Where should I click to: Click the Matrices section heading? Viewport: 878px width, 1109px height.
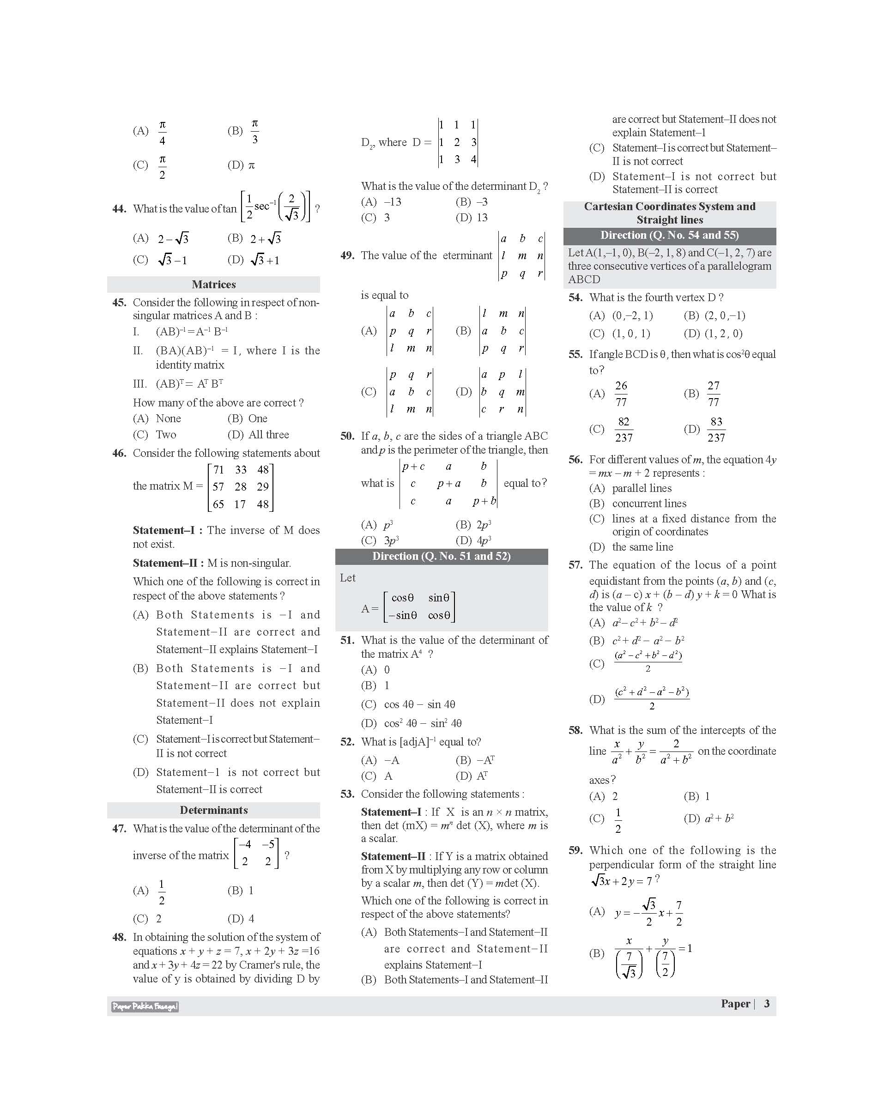coord(213,285)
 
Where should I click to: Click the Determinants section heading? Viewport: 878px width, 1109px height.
coord(213,810)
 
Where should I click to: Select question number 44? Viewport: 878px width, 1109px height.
coord(119,209)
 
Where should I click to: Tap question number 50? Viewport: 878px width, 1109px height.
coord(347,436)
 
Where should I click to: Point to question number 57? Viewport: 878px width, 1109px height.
coord(575,564)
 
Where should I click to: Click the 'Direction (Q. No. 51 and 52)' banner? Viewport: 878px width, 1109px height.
coord(441,556)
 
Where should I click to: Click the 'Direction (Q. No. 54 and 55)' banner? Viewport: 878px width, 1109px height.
coord(669,236)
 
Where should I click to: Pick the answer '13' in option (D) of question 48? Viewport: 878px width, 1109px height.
coord(482,218)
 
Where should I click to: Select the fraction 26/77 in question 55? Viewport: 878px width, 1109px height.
coord(621,394)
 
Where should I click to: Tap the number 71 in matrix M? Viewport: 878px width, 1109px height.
coord(218,469)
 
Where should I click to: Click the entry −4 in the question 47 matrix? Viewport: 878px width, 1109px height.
coord(245,844)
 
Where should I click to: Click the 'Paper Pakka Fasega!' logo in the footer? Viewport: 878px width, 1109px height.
coord(145,1006)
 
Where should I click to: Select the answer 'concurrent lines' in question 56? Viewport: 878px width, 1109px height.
coord(649,503)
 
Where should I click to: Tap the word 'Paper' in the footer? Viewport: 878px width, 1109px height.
coord(735,1004)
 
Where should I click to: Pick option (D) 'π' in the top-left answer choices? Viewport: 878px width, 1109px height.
coord(251,165)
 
